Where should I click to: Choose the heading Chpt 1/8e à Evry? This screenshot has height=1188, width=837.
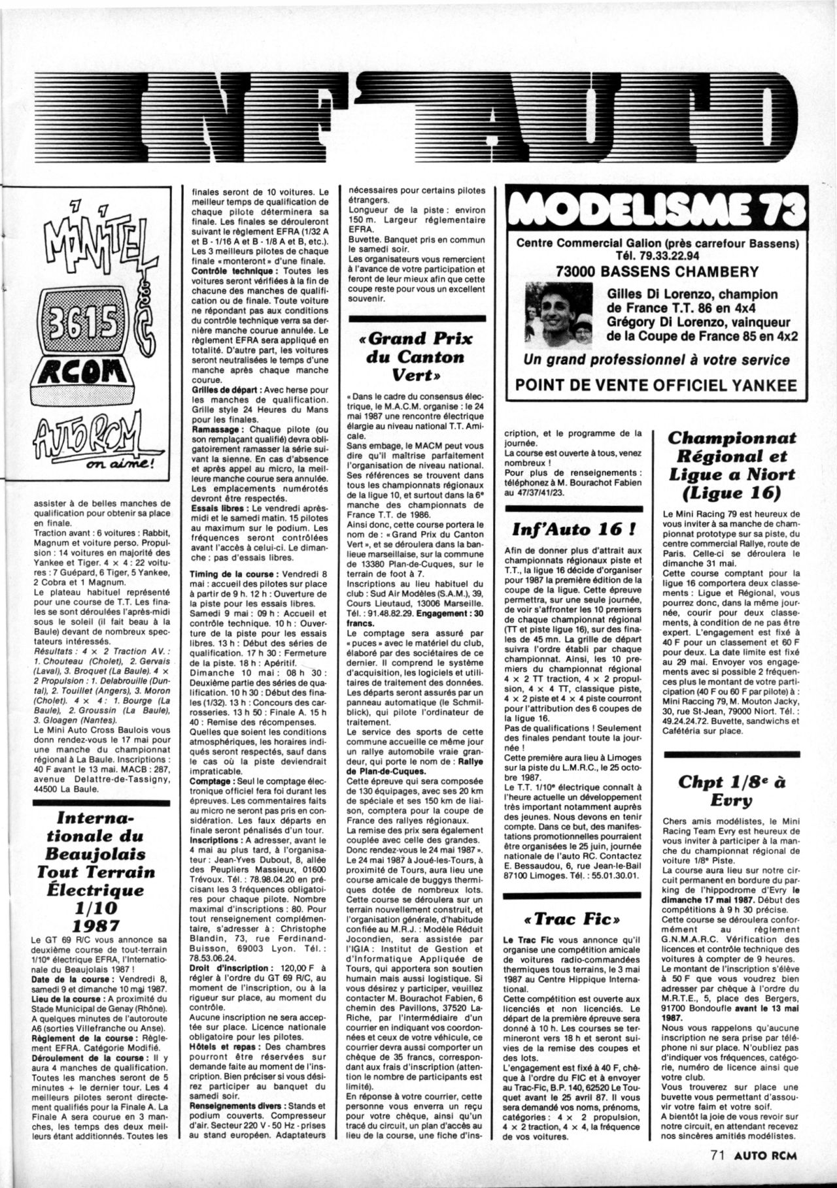coord(731,791)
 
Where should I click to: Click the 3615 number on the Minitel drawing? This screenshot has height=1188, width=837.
coord(88,321)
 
